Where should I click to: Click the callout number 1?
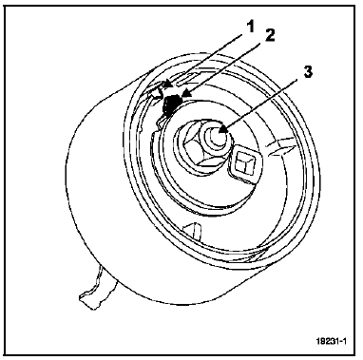251,27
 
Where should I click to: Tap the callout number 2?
270,35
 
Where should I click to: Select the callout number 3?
307,71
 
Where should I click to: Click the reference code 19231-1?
331,341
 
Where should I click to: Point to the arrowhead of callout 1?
167,84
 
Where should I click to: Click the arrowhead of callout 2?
186,93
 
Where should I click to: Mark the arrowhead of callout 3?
222,130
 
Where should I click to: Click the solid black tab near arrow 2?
171,104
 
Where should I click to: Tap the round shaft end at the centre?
217,136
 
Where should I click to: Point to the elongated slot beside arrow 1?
190,79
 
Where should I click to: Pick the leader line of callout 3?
262,104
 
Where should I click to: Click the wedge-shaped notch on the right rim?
282,146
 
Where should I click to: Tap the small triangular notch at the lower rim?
193,231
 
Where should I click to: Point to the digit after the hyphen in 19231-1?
344,341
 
